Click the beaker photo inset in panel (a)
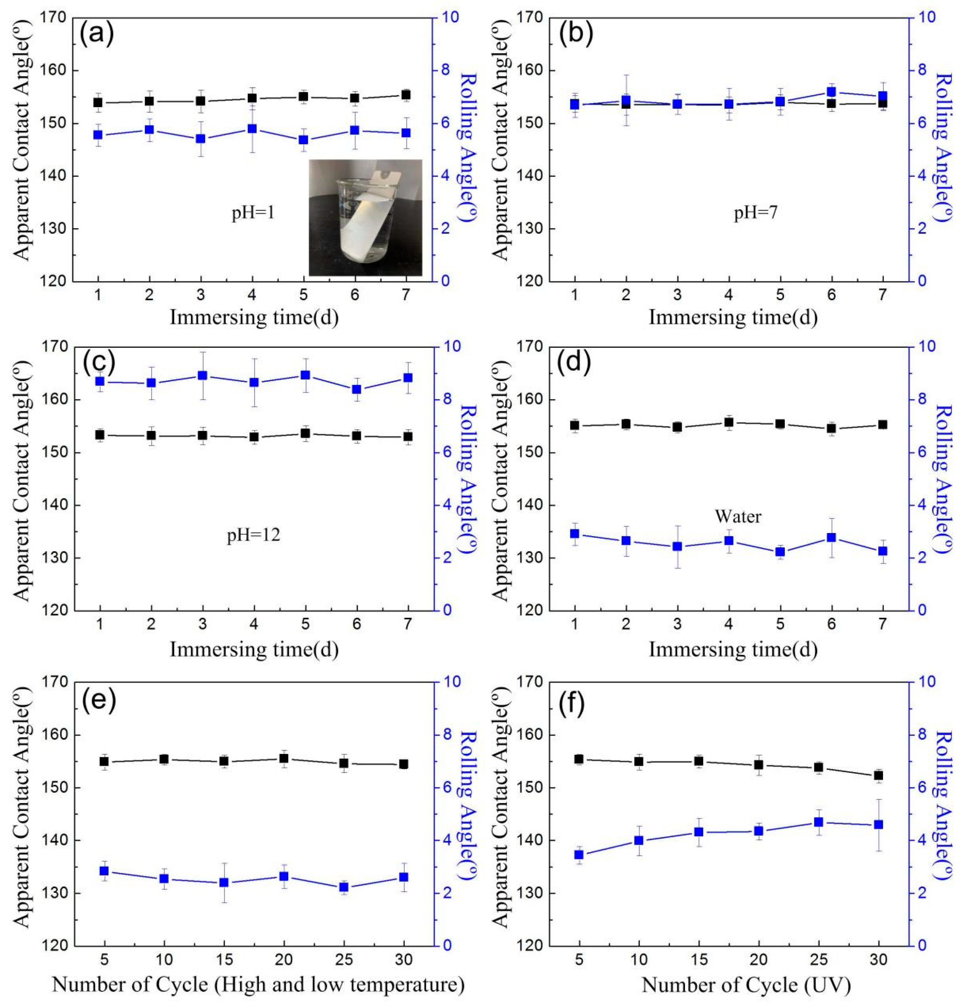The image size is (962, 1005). click(365, 217)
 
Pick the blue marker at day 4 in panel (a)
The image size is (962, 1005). click(252, 129)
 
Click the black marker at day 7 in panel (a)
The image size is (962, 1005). click(406, 94)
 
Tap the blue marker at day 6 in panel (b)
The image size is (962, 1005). click(831, 92)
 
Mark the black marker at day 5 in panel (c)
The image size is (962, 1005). click(305, 433)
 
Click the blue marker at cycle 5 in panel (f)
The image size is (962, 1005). click(579, 855)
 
